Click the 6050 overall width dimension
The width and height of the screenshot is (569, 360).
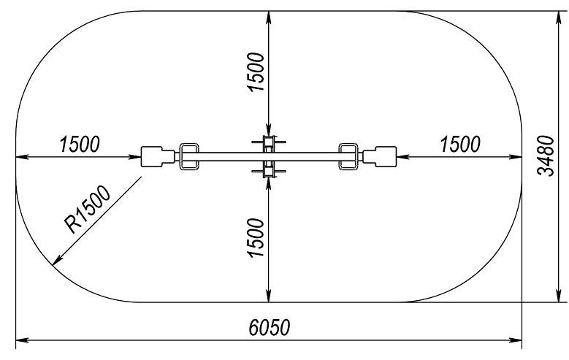pyautogui.click(x=270, y=327)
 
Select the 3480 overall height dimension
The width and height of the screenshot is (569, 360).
pyautogui.click(x=546, y=156)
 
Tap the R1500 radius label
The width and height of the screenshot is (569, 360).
pyautogui.click(x=87, y=210)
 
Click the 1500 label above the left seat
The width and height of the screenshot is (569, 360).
pyautogui.click(x=79, y=144)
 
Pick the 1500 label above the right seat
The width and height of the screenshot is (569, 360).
pyautogui.click(x=460, y=144)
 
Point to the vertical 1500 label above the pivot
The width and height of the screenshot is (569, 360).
pyautogui.click(x=256, y=72)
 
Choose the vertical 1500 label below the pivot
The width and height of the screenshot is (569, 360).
pyautogui.click(x=256, y=238)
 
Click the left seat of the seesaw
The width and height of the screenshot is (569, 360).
pyautogui.click(x=158, y=156)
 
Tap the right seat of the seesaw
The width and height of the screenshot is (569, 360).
pyautogui.click(x=379, y=156)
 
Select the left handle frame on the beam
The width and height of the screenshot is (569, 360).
pyautogui.click(x=189, y=156)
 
